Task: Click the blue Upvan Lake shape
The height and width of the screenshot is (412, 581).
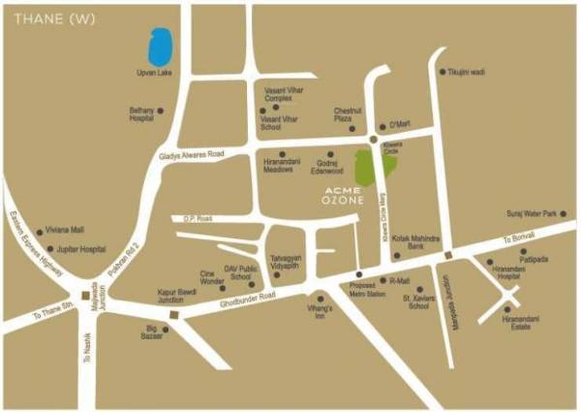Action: pyautogui.click(x=158, y=47)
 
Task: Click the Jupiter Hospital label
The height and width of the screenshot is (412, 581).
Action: pyautogui.click(x=79, y=249)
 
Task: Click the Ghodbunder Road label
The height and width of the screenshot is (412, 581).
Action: pyautogui.click(x=241, y=300)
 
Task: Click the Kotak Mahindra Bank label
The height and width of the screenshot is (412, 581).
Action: pyautogui.click(x=417, y=242)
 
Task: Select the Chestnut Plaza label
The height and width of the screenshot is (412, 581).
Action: pyautogui.click(x=348, y=115)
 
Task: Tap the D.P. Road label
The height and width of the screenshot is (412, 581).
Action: pyautogui.click(x=203, y=218)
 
